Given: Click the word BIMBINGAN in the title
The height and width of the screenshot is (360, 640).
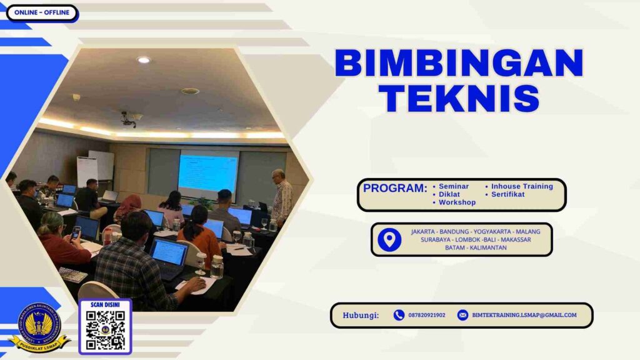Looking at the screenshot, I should (x=459, y=63).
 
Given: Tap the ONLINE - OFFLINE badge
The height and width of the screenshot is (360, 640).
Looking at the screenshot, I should (x=42, y=12).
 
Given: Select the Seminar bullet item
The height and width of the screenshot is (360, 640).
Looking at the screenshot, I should (x=454, y=186).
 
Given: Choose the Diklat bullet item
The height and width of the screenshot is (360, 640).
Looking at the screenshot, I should (x=449, y=194).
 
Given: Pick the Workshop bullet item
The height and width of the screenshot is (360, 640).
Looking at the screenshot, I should (x=457, y=202).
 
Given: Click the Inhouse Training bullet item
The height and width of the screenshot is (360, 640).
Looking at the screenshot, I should (x=522, y=186).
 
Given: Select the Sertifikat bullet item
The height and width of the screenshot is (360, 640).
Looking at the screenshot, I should (x=507, y=194).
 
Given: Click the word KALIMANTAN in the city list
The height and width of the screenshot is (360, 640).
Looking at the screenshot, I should (x=485, y=247).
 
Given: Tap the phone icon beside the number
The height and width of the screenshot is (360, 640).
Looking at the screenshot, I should (x=399, y=315).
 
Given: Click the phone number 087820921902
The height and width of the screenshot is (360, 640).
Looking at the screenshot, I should (x=427, y=315).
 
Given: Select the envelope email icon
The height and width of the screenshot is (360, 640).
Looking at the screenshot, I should (x=462, y=315).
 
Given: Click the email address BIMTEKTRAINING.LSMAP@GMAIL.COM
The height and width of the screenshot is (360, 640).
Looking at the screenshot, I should (x=524, y=315).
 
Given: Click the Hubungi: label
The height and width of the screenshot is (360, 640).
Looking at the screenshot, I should (x=361, y=315).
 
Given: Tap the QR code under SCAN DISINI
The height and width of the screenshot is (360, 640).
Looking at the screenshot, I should (x=105, y=330).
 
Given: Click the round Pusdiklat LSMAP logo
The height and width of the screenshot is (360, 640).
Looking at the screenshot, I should (x=39, y=323).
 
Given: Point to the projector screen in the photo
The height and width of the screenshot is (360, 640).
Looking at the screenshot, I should (x=208, y=172).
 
